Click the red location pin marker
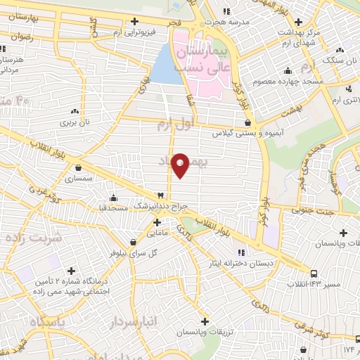pos(181,165)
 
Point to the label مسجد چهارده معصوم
pos(312,82)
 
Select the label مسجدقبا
pos(112,207)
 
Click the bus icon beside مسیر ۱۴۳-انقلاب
pos(314,273)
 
